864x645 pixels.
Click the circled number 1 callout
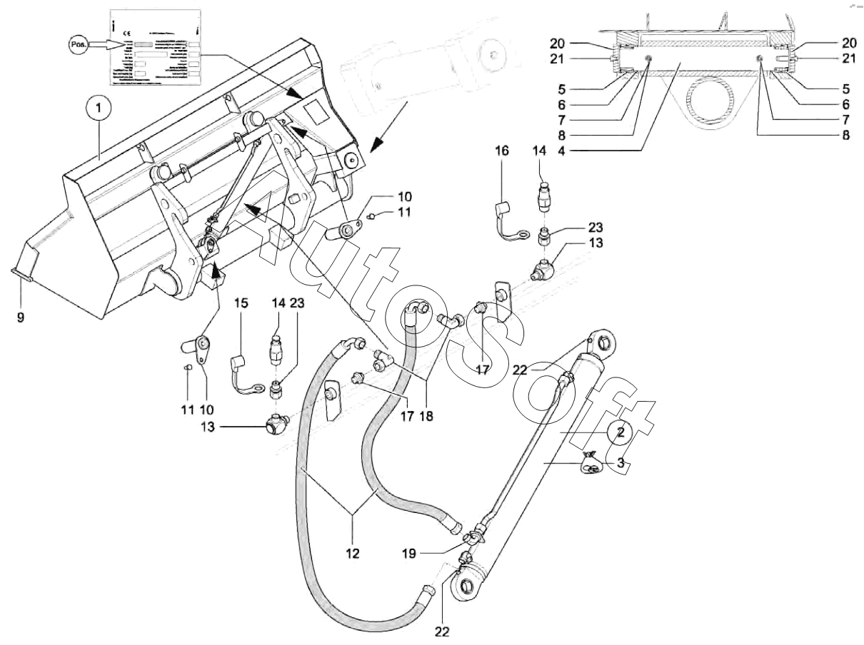click(99, 109)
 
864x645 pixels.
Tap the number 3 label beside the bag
click(621, 463)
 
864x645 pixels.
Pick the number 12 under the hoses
click(353, 552)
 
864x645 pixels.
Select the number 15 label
click(241, 303)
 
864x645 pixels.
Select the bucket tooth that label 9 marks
click(21, 271)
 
